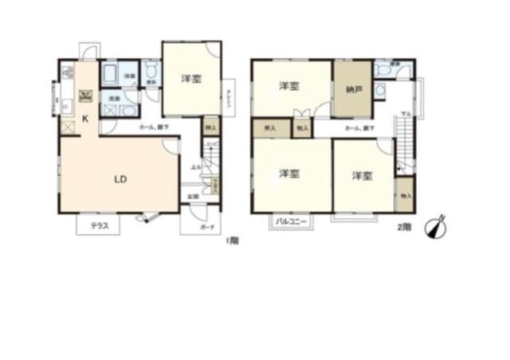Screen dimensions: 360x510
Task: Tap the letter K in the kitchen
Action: point(85,118)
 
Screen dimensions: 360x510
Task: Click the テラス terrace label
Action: point(99,226)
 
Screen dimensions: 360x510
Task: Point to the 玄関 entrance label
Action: point(193,196)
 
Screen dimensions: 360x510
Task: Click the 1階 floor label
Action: point(231,240)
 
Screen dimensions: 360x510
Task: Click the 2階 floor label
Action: point(404,226)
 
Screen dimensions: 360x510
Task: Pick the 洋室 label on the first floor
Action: point(191,79)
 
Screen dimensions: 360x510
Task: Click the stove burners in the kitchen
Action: point(65,73)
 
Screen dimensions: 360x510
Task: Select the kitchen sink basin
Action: point(65,102)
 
